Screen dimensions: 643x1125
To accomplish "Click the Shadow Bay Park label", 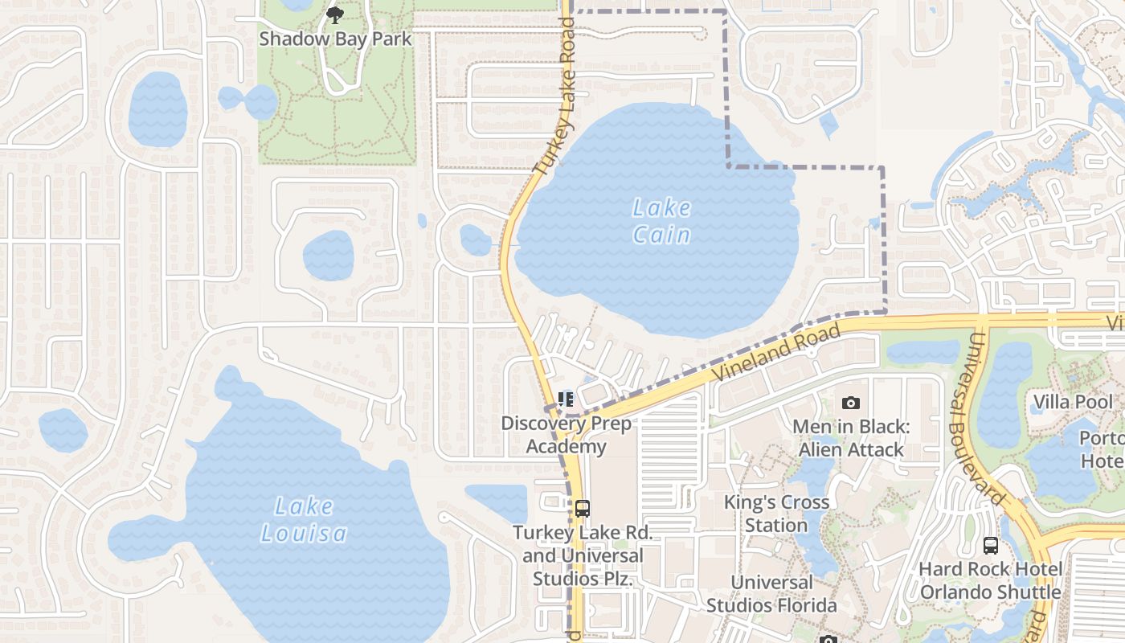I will pyautogui.click(x=335, y=39).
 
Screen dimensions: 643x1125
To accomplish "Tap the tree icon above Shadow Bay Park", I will pyautogui.click(x=335, y=14).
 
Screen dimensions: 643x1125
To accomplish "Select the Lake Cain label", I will pyautogui.click(x=661, y=221).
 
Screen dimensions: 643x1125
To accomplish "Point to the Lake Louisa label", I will pyautogui.click(x=304, y=519).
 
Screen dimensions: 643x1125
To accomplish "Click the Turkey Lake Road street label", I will pyautogui.click(x=555, y=96).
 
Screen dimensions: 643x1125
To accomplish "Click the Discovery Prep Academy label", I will pyautogui.click(x=567, y=435).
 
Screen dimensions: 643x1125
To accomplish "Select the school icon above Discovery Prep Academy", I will pyautogui.click(x=566, y=399).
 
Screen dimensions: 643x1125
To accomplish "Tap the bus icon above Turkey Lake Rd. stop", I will pyautogui.click(x=583, y=508).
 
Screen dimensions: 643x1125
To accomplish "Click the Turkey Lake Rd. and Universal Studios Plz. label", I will pyautogui.click(x=583, y=555).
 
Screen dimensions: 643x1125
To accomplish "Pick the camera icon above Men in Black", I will pyautogui.click(x=851, y=403).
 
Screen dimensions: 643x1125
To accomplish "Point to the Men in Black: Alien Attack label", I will pyautogui.click(x=851, y=438).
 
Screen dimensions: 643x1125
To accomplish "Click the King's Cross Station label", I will pyautogui.click(x=776, y=514).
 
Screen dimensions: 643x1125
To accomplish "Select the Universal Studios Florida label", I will pyautogui.click(x=771, y=593).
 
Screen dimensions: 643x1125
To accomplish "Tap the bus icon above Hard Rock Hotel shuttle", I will pyautogui.click(x=991, y=545).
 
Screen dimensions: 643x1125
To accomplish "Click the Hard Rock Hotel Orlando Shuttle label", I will pyautogui.click(x=991, y=580).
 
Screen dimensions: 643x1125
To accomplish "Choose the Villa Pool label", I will pyautogui.click(x=1073, y=402).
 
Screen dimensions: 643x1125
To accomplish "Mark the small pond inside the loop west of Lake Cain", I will pyautogui.click(x=475, y=240).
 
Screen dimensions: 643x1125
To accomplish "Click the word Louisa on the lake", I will pyautogui.click(x=304, y=533).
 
